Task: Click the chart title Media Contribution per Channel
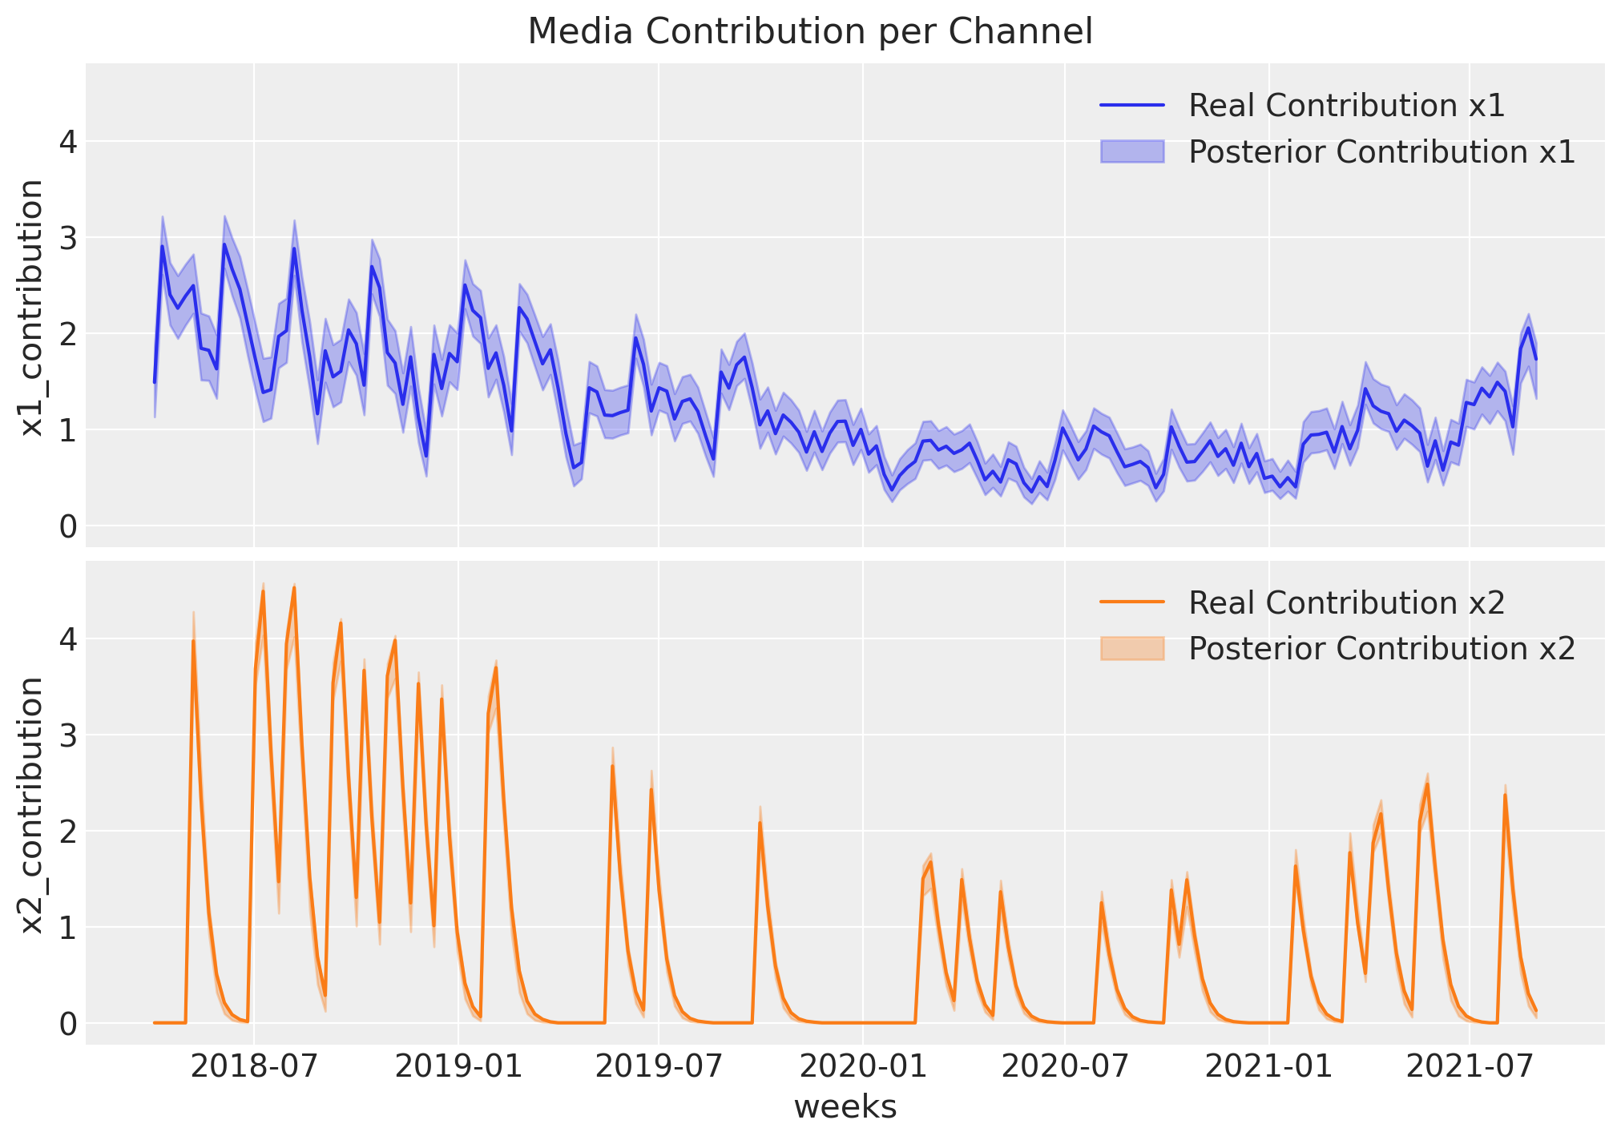[810, 32]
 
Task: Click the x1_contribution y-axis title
[32, 308]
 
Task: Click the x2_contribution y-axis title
[32, 805]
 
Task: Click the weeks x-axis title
[845, 1107]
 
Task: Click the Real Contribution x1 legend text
[1346, 106]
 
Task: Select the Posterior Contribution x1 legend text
[1381, 152]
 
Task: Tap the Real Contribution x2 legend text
[1346, 602]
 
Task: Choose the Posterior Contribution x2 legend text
[1381, 649]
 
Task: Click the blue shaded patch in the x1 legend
[1131, 152]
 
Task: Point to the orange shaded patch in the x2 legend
[1131, 649]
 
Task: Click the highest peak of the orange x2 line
[294, 587]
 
